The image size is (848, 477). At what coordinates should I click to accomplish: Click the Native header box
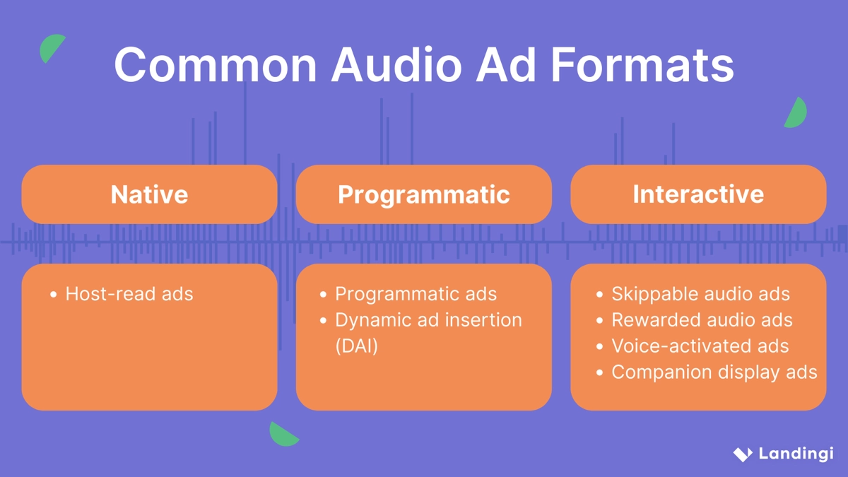point(149,194)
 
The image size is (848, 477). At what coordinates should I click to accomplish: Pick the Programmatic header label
point(423,194)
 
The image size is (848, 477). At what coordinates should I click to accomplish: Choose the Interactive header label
point(698,194)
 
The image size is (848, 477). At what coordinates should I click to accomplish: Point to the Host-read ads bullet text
point(129,294)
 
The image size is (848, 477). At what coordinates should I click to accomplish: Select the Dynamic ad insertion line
point(428,320)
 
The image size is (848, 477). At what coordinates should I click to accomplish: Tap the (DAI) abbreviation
point(356,346)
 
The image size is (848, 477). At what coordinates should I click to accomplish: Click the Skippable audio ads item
point(700,294)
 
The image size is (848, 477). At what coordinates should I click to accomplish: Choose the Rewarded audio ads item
point(702,320)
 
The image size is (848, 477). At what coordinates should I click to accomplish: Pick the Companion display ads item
point(714,372)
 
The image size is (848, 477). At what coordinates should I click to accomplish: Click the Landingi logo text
point(796,454)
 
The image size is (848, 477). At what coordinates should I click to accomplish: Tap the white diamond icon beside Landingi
point(742,454)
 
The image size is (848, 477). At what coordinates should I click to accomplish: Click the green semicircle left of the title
point(51,48)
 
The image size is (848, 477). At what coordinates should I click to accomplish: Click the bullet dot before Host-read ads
point(53,295)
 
